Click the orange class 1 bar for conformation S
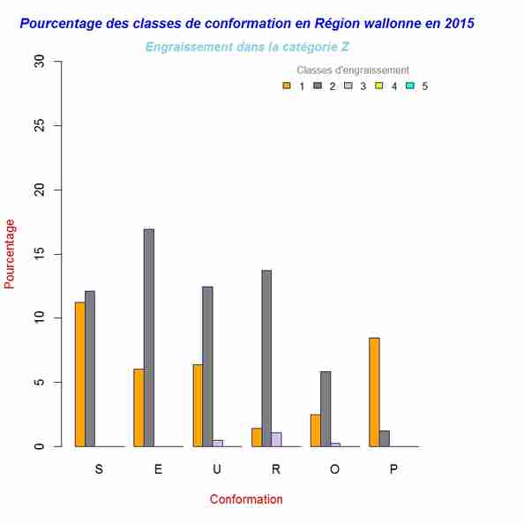(79, 374)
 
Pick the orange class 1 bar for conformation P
(374, 392)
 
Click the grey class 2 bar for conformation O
(326, 409)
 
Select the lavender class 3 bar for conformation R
(276, 439)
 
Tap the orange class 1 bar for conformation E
(138, 407)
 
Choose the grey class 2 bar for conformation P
(385, 438)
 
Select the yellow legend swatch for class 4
(379, 86)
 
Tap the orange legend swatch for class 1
(287, 86)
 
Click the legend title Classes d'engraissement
(353, 70)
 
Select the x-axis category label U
(217, 470)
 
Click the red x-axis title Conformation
(246, 499)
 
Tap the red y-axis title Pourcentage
(10, 254)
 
